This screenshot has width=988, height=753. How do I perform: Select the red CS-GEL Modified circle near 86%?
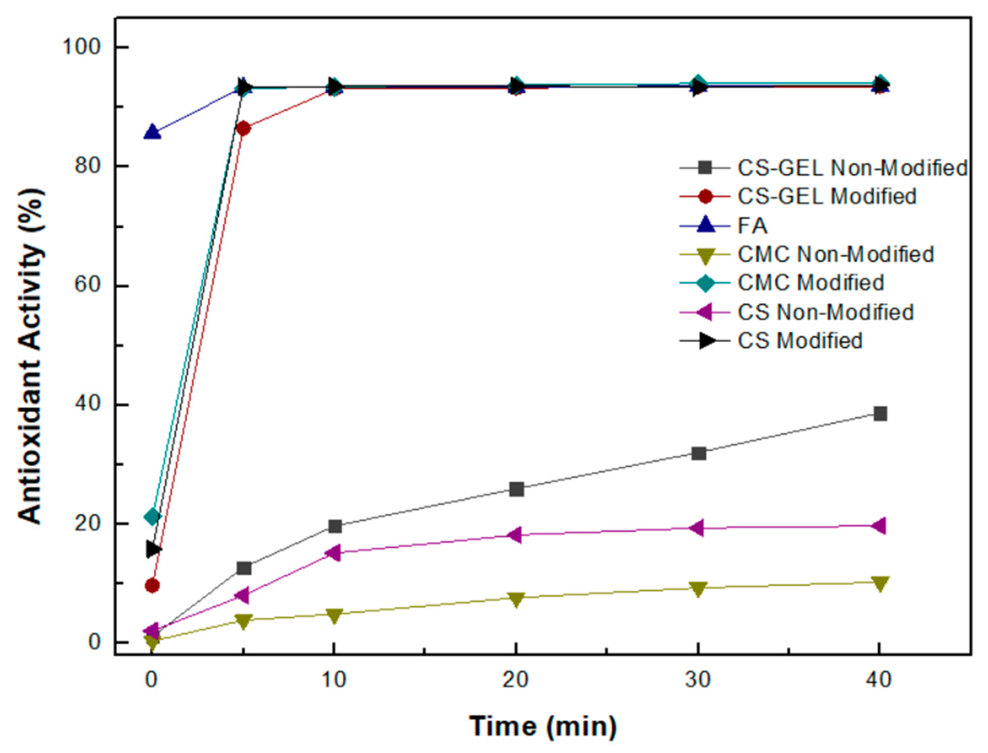(x=243, y=129)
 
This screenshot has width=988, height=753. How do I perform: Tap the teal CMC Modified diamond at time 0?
(x=152, y=517)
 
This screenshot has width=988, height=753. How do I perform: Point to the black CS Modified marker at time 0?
(x=154, y=549)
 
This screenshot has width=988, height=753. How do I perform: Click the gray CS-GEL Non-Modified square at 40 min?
(x=880, y=413)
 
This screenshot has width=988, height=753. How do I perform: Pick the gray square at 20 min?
(x=516, y=489)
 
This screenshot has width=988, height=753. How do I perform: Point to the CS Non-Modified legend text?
(x=825, y=312)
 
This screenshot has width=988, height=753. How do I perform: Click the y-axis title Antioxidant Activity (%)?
(x=31, y=356)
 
